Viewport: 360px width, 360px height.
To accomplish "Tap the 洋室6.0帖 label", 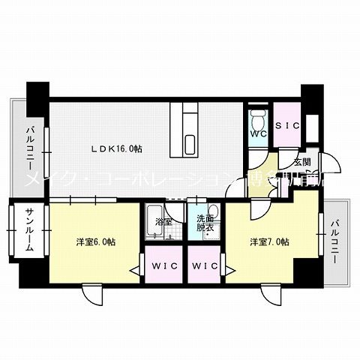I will point(95,242).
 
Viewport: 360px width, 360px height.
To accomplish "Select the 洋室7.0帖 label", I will point(270,242).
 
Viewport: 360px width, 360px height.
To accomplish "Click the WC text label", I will point(258,134).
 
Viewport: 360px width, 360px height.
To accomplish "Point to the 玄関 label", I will point(302,162).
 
